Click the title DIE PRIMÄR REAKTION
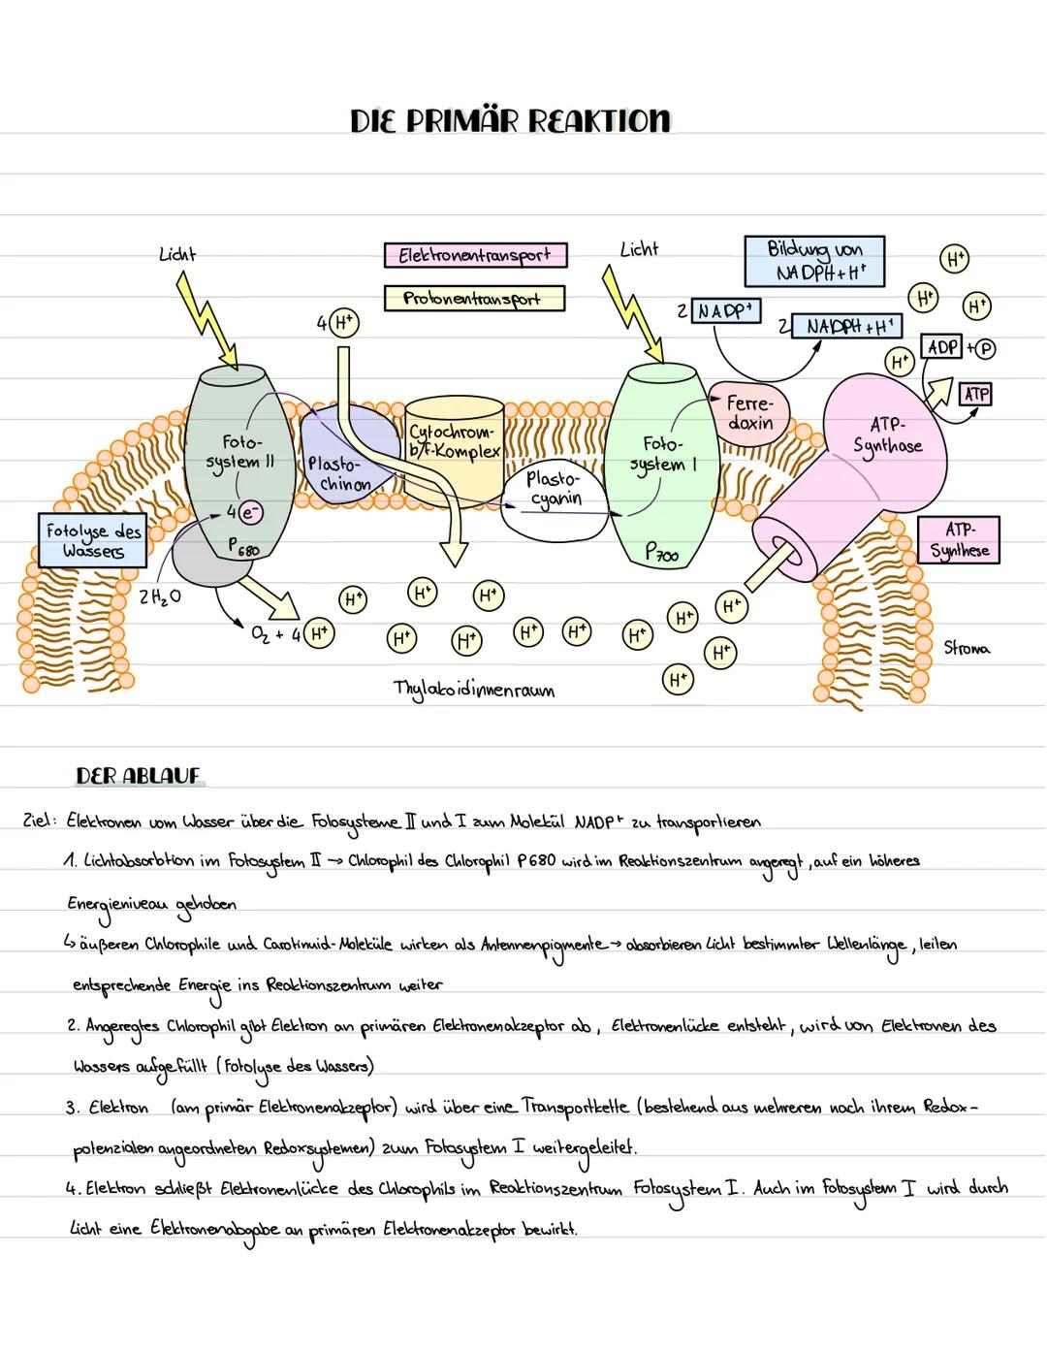tap(510, 120)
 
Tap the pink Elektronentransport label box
tap(475, 255)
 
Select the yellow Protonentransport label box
tap(474, 298)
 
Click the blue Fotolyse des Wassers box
tap(93, 540)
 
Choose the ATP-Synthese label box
tap(959, 540)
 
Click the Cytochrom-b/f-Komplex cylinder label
tap(454, 441)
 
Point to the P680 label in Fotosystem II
tap(244, 548)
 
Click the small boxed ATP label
tap(975, 394)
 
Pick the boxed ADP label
tap(943, 347)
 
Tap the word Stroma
tap(967, 647)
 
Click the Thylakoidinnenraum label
tap(474, 690)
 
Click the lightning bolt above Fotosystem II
tap(208, 320)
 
